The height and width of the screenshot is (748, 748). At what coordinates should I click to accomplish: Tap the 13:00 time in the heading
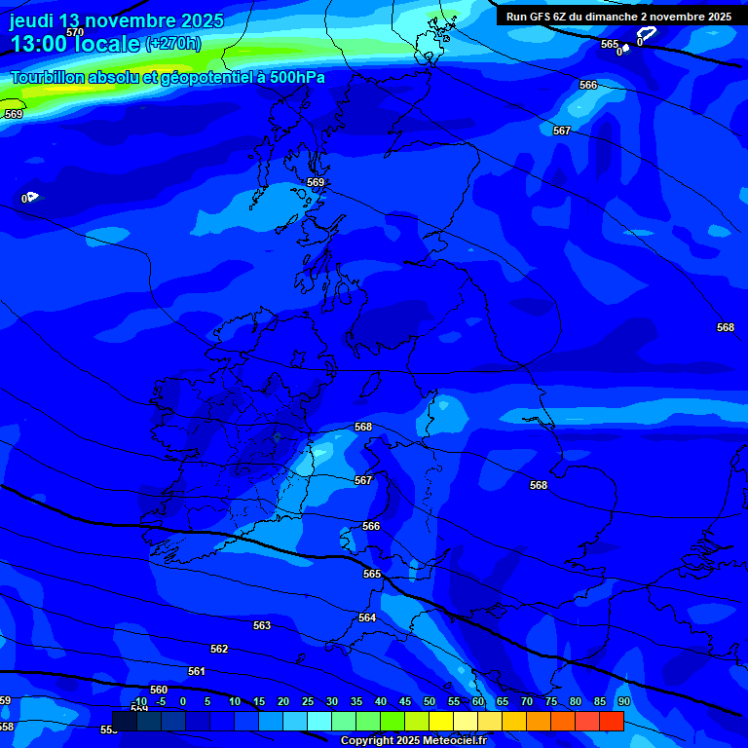pos(37,44)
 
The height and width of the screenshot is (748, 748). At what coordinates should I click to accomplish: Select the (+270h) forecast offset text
pos(173,44)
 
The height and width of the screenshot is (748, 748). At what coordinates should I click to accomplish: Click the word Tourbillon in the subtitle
pos(49,78)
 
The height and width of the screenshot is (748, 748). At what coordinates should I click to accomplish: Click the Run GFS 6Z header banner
pos(618,17)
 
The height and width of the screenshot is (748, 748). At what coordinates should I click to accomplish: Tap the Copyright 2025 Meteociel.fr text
pos(413,741)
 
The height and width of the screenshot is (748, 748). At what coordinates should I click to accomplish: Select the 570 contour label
pos(75,32)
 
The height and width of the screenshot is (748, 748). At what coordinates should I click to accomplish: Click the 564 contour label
pos(367,618)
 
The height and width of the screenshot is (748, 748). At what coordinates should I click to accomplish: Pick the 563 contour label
pos(262,626)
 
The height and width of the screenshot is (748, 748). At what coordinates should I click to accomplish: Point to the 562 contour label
pos(219,650)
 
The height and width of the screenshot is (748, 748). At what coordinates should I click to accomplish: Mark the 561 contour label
pos(197,672)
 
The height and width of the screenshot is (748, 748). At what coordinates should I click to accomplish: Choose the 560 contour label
pos(159,691)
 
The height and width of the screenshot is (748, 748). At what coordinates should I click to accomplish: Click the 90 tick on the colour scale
pos(623,701)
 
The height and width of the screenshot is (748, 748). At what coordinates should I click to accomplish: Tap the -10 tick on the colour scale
pos(139,701)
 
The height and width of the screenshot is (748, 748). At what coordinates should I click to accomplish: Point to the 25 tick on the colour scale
pos(307,701)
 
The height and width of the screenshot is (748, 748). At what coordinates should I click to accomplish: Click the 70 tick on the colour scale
pos(526,701)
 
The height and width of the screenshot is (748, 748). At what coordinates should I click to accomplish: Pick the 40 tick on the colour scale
pos(380,701)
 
